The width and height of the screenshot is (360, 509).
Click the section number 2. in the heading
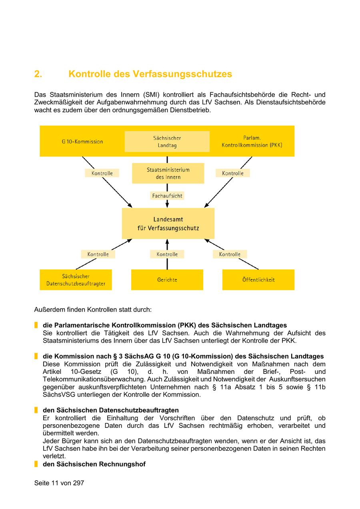tap(38, 74)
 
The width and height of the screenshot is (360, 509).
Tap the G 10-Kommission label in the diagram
tap(82, 142)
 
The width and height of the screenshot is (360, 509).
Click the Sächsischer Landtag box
tap(167, 142)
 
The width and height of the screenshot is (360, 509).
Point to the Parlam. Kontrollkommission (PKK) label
tap(252, 142)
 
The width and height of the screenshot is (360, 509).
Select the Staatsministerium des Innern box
tap(168, 173)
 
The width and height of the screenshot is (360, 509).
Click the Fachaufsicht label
tap(167, 196)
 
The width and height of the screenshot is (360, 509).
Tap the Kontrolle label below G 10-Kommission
tap(102, 173)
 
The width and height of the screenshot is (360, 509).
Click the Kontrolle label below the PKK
tap(233, 173)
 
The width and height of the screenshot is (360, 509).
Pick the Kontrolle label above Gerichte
tap(167, 254)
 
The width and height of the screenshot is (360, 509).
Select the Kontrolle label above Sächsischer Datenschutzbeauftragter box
tap(98, 254)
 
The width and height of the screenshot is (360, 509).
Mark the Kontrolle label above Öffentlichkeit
tap(230, 254)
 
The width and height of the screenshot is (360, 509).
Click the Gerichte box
tap(167, 280)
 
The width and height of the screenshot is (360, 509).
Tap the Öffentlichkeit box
tap(258, 280)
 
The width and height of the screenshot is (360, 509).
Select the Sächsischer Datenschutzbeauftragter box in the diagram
tap(76, 280)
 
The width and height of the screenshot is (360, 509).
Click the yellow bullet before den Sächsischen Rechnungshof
tap(36, 464)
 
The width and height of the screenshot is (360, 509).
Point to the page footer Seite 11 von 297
tap(59, 483)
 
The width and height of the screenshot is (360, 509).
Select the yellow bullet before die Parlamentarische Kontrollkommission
tap(36, 325)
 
